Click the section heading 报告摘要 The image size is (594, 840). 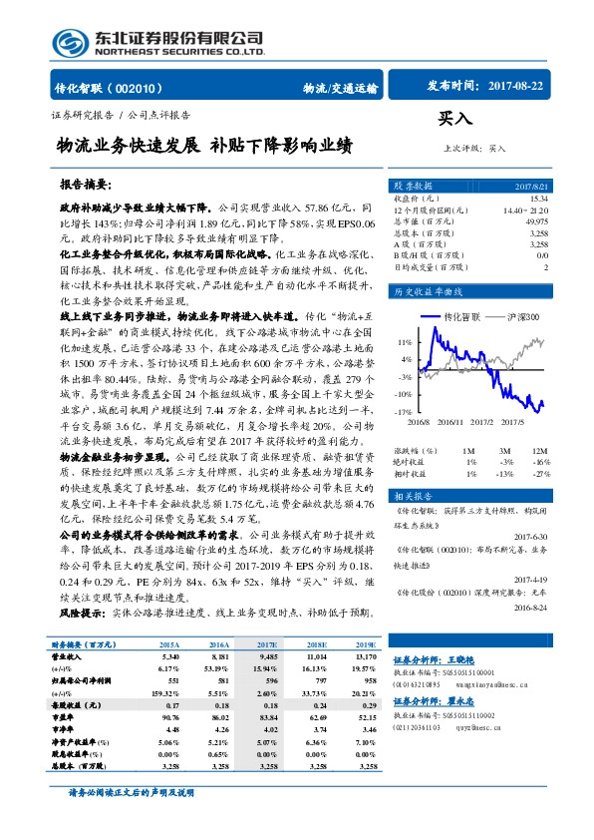[86, 186]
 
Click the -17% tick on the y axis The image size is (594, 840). [405, 411]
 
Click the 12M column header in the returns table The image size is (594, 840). [539, 452]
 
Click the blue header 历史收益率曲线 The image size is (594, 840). [430, 292]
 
